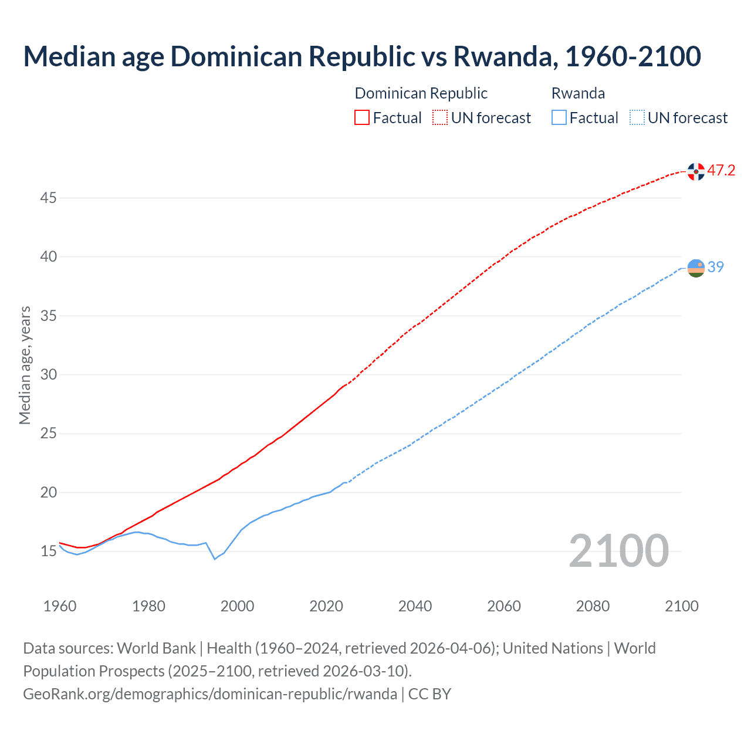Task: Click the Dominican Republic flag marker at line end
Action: coord(696,171)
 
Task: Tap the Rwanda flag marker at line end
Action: coord(696,268)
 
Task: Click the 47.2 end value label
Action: coord(721,171)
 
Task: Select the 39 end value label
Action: coord(716,267)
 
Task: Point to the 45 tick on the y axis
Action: coord(48,198)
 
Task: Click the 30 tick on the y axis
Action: coord(48,375)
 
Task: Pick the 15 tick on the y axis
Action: coord(48,552)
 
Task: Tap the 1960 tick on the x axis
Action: coord(60,606)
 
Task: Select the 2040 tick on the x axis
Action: coord(415,606)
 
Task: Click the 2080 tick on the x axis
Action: coord(593,606)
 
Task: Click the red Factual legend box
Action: coord(362,118)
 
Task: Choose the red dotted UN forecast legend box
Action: coord(440,118)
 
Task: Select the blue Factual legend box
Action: coord(559,118)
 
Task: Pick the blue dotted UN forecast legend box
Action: coord(637,118)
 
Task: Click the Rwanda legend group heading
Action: coord(578,93)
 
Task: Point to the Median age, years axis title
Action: coord(25,365)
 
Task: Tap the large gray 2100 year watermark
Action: coord(618,550)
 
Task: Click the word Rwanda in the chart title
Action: coord(503,56)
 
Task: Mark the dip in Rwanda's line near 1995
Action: coord(215,559)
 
